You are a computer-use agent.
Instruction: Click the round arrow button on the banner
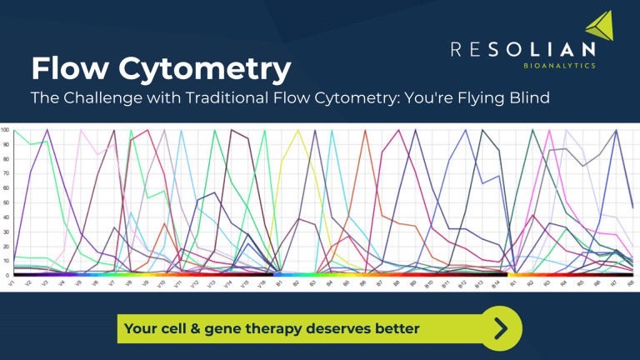coord(500,327)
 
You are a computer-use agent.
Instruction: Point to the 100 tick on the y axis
coord(5,130)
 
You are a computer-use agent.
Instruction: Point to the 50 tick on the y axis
coord(5,202)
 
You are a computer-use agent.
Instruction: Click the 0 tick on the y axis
coord(7,275)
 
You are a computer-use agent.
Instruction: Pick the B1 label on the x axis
coord(280,284)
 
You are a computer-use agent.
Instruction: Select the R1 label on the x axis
coord(515,284)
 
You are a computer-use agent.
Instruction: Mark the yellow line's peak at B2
coord(297,130)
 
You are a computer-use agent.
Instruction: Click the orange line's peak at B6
coord(365,130)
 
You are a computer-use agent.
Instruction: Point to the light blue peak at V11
coord(182,130)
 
